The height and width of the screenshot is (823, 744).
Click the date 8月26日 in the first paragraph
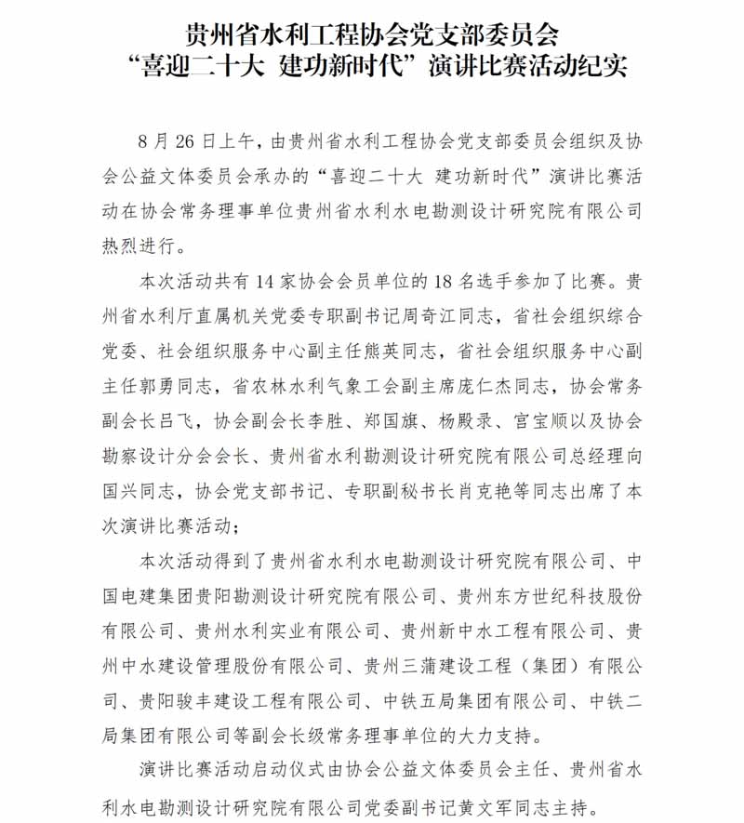(176, 140)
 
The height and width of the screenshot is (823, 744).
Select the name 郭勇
(155, 386)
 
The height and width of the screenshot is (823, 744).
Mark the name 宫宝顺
(525, 420)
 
